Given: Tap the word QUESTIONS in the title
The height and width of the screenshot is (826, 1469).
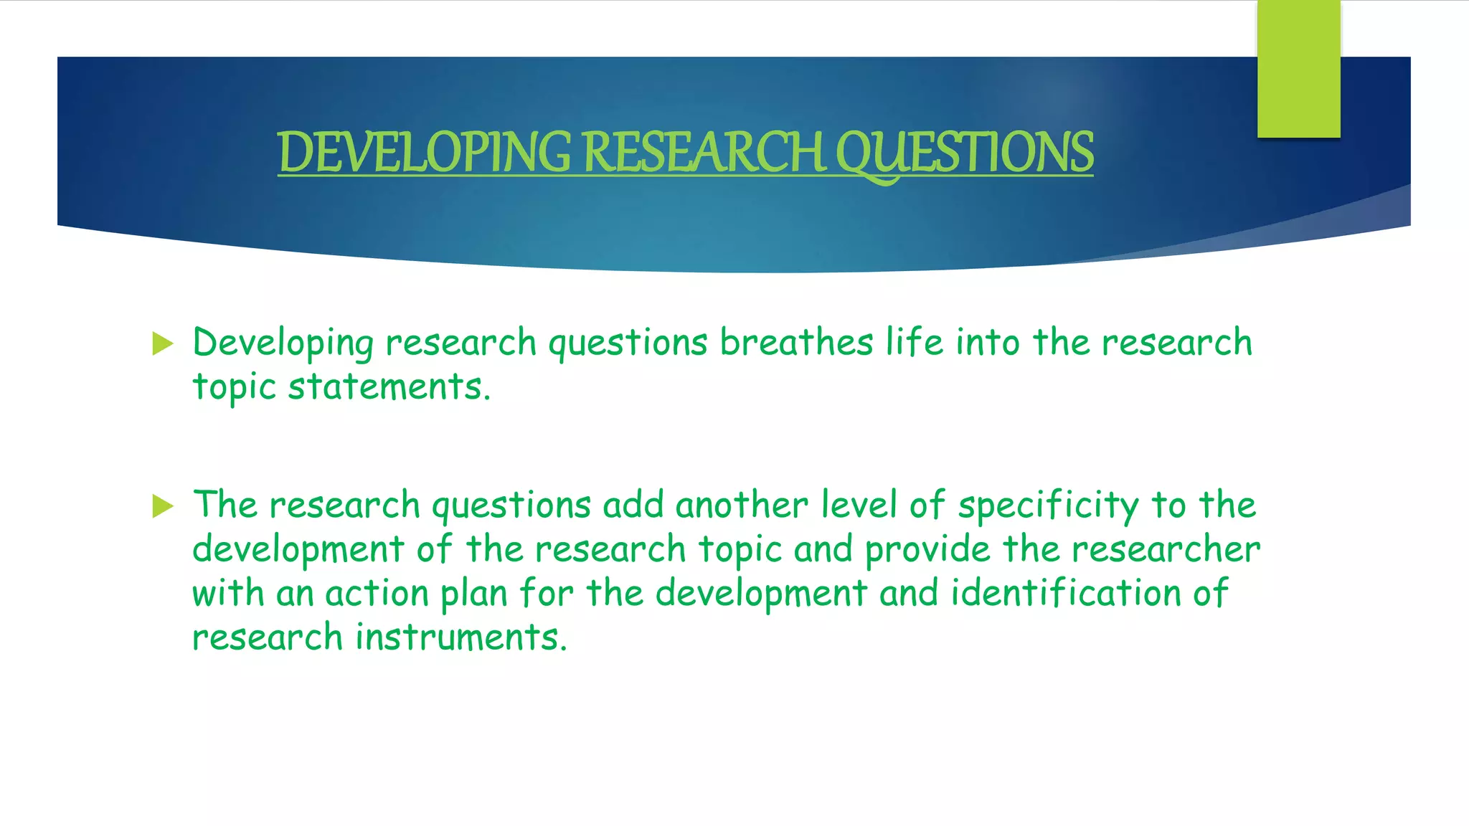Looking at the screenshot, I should point(965,152).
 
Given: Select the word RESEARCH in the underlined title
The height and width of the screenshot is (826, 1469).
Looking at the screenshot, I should point(704,152).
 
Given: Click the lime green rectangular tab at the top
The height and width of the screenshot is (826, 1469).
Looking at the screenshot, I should point(1298,69).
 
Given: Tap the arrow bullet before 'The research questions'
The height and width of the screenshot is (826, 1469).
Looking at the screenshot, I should point(164,506).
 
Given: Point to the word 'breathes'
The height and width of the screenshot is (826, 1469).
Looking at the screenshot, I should point(796,342).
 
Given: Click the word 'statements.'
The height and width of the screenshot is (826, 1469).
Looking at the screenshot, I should point(389,387).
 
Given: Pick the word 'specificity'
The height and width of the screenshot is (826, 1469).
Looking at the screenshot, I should point(1048,505).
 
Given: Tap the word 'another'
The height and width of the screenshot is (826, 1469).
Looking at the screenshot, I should point(742,505).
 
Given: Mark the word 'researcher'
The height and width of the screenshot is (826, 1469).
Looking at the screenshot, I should point(1166,550).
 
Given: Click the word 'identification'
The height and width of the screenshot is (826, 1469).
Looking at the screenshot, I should point(1066,594).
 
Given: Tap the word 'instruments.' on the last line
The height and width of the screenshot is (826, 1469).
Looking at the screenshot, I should point(461,637).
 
